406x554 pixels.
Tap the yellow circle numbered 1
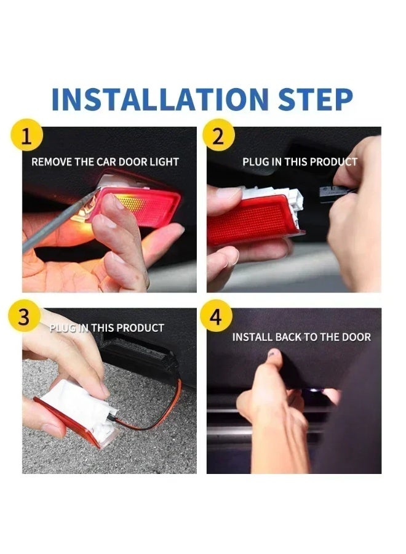[x=27, y=135]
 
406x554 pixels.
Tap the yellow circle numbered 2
[x=218, y=135]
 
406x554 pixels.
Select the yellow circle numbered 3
[x=23, y=316]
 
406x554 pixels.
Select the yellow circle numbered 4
[x=216, y=316]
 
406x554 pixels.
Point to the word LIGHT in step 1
[x=164, y=162]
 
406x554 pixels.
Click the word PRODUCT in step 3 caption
[x=140, y=328]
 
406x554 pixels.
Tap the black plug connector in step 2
[x=333, y=193]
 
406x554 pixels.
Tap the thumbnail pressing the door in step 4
[x=274, y=353]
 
